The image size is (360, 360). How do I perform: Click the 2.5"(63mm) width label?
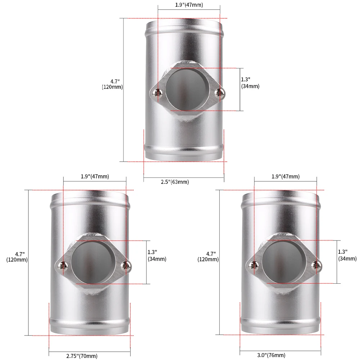pos(175,182)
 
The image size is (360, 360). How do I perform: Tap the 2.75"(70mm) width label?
pos(82,356)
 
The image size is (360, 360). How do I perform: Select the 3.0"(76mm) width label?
pos(271,355)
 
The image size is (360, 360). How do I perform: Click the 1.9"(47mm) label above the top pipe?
pos(189,5)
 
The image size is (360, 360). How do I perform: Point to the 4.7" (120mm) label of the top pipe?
pos(112,84)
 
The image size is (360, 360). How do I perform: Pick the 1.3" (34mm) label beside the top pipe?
pos(250,83)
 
